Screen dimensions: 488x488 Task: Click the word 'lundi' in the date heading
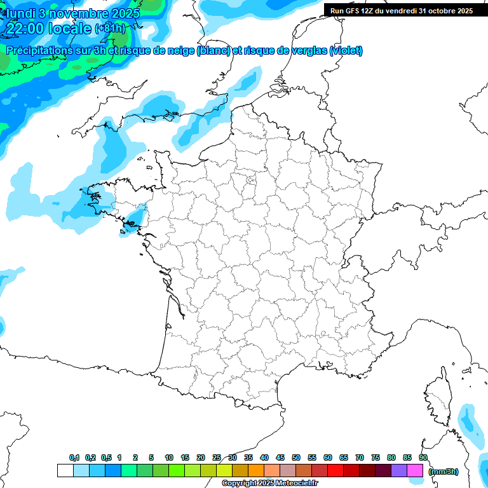[20, 13]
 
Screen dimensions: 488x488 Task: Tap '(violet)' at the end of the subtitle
[346, 51]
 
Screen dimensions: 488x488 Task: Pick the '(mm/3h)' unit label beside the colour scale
[444, 471]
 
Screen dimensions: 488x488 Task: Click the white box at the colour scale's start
[65, 471]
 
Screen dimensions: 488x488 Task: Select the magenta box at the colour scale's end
[415, 471]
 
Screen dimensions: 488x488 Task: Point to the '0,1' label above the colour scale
[74, 458]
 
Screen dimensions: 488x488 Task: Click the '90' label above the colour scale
[423, 458]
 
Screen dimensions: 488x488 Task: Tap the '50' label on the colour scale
[296, 458]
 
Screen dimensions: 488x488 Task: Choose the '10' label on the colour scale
[169, 458]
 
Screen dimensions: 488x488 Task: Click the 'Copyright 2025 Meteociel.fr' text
[269, 484]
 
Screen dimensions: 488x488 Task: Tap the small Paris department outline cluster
[250, 182]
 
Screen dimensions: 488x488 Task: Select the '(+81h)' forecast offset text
[111, 29]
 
